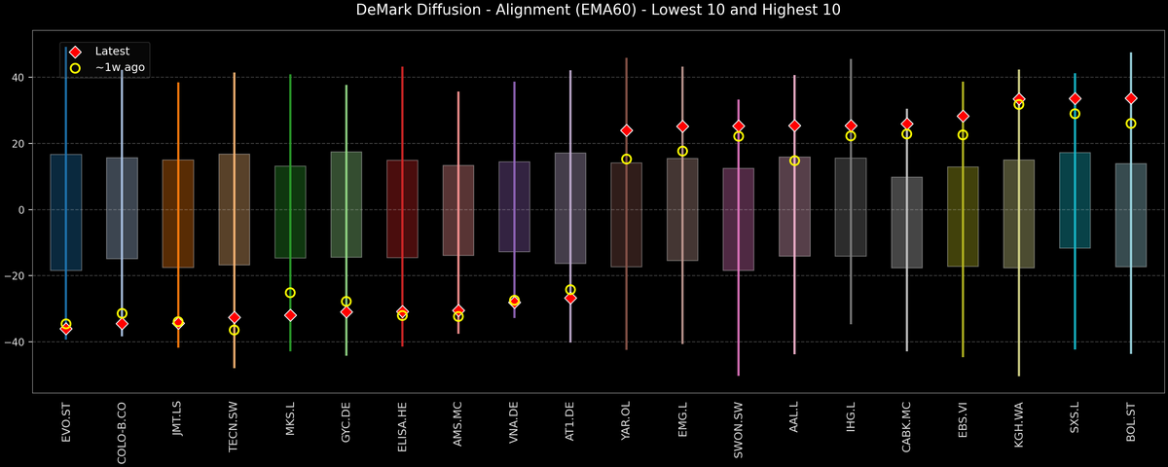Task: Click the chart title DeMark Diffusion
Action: tap(583, 11)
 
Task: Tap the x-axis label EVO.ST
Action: tap(66, 421)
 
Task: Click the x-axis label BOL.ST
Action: tap(1131, 421)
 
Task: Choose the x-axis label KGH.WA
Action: tap(1019, 421)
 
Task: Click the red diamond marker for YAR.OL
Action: tap(627, 130)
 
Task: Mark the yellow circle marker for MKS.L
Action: tap(290, 293)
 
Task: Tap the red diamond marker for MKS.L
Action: tap(290, 315)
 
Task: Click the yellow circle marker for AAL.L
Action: tap(794, 161)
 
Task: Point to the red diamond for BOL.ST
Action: tap(1131, 98)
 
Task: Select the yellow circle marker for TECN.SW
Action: tap(234, 330)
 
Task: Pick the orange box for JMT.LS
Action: tap(178, 214)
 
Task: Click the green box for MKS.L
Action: tap(290, 212)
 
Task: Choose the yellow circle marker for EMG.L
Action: tap(682, 151)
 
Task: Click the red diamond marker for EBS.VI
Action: tap(963, 117)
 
